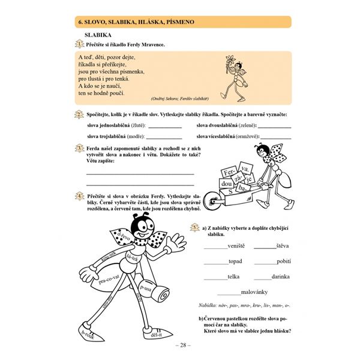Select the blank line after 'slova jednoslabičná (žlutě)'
[164, 127]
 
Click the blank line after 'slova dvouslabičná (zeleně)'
[274, 127]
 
